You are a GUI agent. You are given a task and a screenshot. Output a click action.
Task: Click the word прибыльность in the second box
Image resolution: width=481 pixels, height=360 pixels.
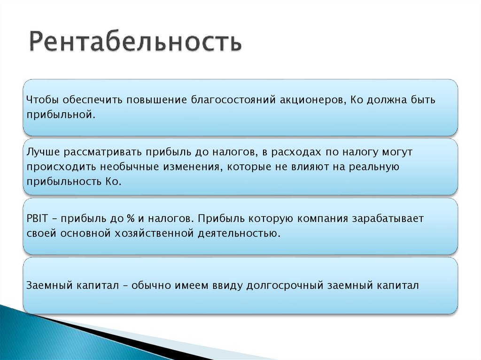pos(62,182)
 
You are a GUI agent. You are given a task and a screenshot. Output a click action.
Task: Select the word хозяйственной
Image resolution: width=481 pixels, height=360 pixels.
pos(151,233)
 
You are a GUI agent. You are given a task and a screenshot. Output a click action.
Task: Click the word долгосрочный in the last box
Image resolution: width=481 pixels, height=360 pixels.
pos(288,285)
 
